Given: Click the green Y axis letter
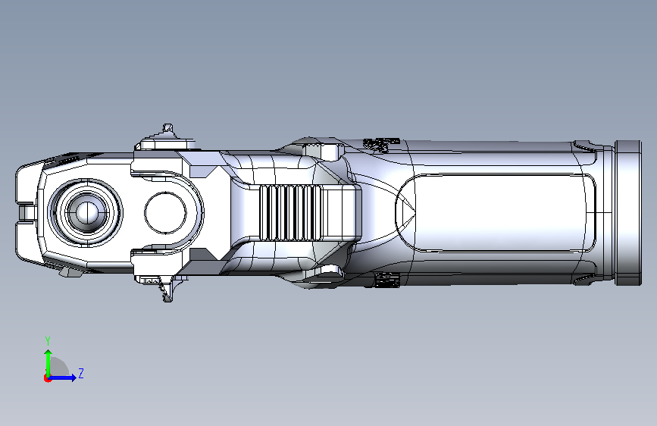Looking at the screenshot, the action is [x=48, y=341].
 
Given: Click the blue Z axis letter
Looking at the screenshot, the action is [x=81, y=373].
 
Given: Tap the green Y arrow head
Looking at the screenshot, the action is [x=48, y=354].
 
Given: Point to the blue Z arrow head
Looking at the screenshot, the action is [x=74, y=377].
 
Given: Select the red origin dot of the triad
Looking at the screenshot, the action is [x=47, y=378].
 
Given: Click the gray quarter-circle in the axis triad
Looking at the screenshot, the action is [x=59, y=367].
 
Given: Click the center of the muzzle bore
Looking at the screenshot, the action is [x=87, y=212].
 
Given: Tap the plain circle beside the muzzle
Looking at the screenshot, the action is [x=165, y=213].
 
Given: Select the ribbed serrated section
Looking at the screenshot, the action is [x=290, y=213].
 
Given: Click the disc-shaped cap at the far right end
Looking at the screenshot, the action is [x=628, y=213].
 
